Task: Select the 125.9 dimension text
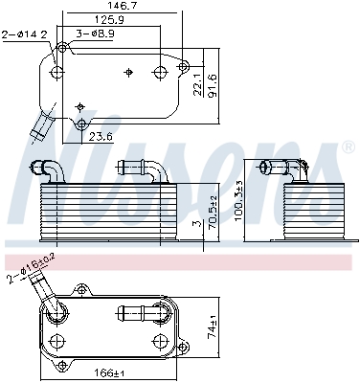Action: [109, 20]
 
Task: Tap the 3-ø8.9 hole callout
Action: [96, 34]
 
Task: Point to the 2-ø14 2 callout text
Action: [25, 34]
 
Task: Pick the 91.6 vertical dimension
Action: [212, 85]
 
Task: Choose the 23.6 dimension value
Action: [101, 137]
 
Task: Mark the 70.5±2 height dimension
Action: [213, 213]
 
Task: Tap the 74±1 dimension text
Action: [212, 331]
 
